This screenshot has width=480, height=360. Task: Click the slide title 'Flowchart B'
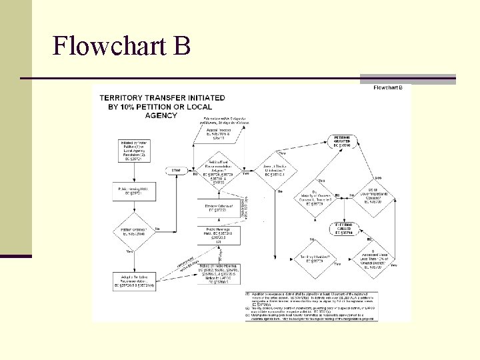click(121, 46)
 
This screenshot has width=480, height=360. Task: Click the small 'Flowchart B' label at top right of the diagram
click(387, 87)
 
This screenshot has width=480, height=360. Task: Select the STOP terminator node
click(176, 170)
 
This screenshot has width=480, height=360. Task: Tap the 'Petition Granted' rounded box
click(343, 141)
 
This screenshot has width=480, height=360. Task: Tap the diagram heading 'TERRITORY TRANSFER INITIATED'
click(162, 106)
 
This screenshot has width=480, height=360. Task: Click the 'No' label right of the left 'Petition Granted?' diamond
click(157, 229)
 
